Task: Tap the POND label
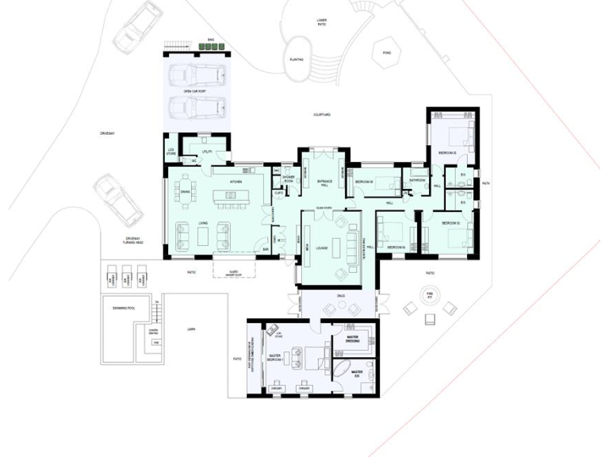[x=386, y=53]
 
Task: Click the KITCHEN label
[x=236, y=182]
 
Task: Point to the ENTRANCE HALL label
[x=324, y=183]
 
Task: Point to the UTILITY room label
[x=207, y=151]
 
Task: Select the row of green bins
[x=211, y=47]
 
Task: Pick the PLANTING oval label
[x=297, y=60]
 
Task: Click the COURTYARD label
[x=321, y=115]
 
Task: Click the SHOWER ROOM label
[x=289, y=179]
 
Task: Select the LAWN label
[x=190, y=328]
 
